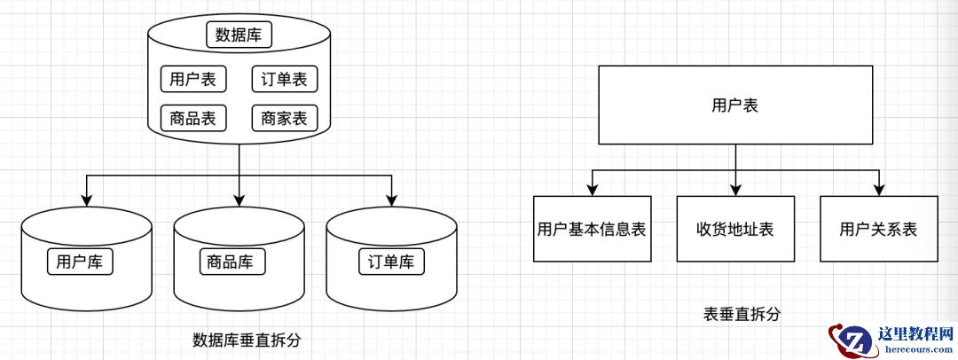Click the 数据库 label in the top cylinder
click(x=239, y=35)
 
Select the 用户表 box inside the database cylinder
click(x=193, y=79)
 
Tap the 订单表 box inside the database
click(x=285, y=79)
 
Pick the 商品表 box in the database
click(x=193, y=118)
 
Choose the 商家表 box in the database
click(x=285, y=118)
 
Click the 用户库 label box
click(x=81, y=262)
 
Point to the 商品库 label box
click(x=231, y=262)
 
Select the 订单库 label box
click(x=391, y=262)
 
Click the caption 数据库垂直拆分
click(x=240, y=340)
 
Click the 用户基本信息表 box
click(x=592, y=229)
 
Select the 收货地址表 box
click(x=735, y=229)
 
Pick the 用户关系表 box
click(x=878, y=229)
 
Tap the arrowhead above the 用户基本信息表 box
click(x=592, y=189)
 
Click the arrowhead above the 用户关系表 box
click(x=878, y=189)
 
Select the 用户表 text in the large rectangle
click(x=735, y=106)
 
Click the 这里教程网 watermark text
click(x=914, y=335)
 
